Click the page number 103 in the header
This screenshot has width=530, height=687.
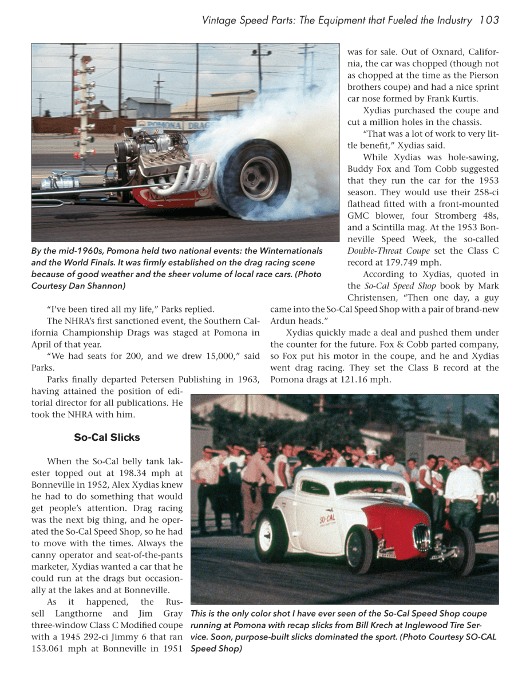tap(489, 21)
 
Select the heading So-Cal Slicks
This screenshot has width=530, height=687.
tap(107, 437)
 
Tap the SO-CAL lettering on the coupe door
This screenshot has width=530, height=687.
tap(327, 521)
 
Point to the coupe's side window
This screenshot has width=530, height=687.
tap(314, 487)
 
